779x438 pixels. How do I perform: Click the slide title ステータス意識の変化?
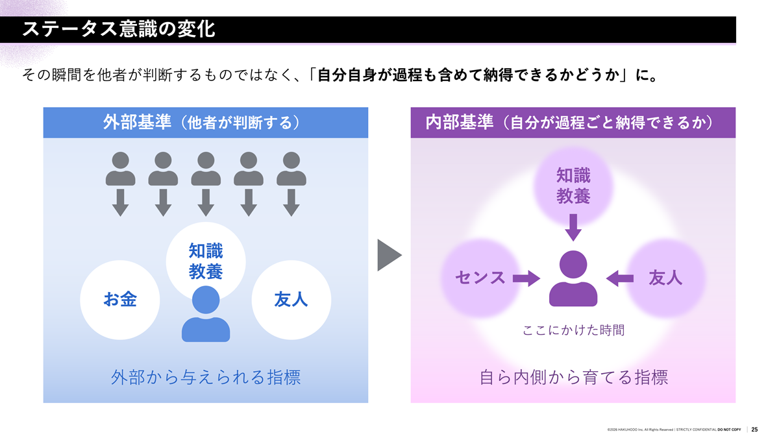coord(119,29)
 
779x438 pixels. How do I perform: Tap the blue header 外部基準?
coord(206,123)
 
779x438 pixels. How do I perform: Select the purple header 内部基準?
coord(573,123)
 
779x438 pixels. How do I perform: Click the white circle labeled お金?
coord(120,300)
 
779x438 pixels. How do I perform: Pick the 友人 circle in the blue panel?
coord(291,300)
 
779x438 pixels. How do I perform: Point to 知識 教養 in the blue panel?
coord(206,261)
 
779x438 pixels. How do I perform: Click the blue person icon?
coord(206,314)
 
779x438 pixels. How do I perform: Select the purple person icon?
coord(573,278)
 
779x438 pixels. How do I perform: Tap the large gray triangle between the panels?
coord(388,255)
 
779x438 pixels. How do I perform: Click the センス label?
coord(480,278)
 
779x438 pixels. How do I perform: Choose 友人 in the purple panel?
coord(665,278)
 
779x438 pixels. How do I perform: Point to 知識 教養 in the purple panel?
coord(573,186)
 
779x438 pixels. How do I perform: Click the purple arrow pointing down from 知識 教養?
coord(573,228)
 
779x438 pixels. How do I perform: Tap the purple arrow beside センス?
coord(526,278)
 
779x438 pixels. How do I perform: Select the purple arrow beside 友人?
coord(620,278)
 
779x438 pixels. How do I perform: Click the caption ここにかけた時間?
coord(573,330)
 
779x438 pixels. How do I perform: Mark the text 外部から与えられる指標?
coord(206,378)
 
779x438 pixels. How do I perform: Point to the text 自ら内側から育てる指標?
coord(573,378)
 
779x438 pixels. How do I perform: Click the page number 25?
coord(754,430)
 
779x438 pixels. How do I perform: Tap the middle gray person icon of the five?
coord(206,169)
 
